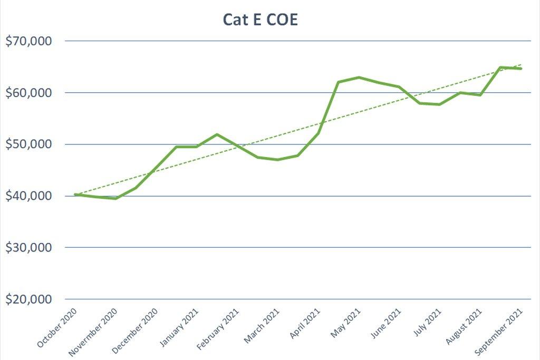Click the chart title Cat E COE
[261, 20]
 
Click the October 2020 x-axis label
[56, 328]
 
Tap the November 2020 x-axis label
[94, 330]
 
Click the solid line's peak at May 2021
[359, 77]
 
